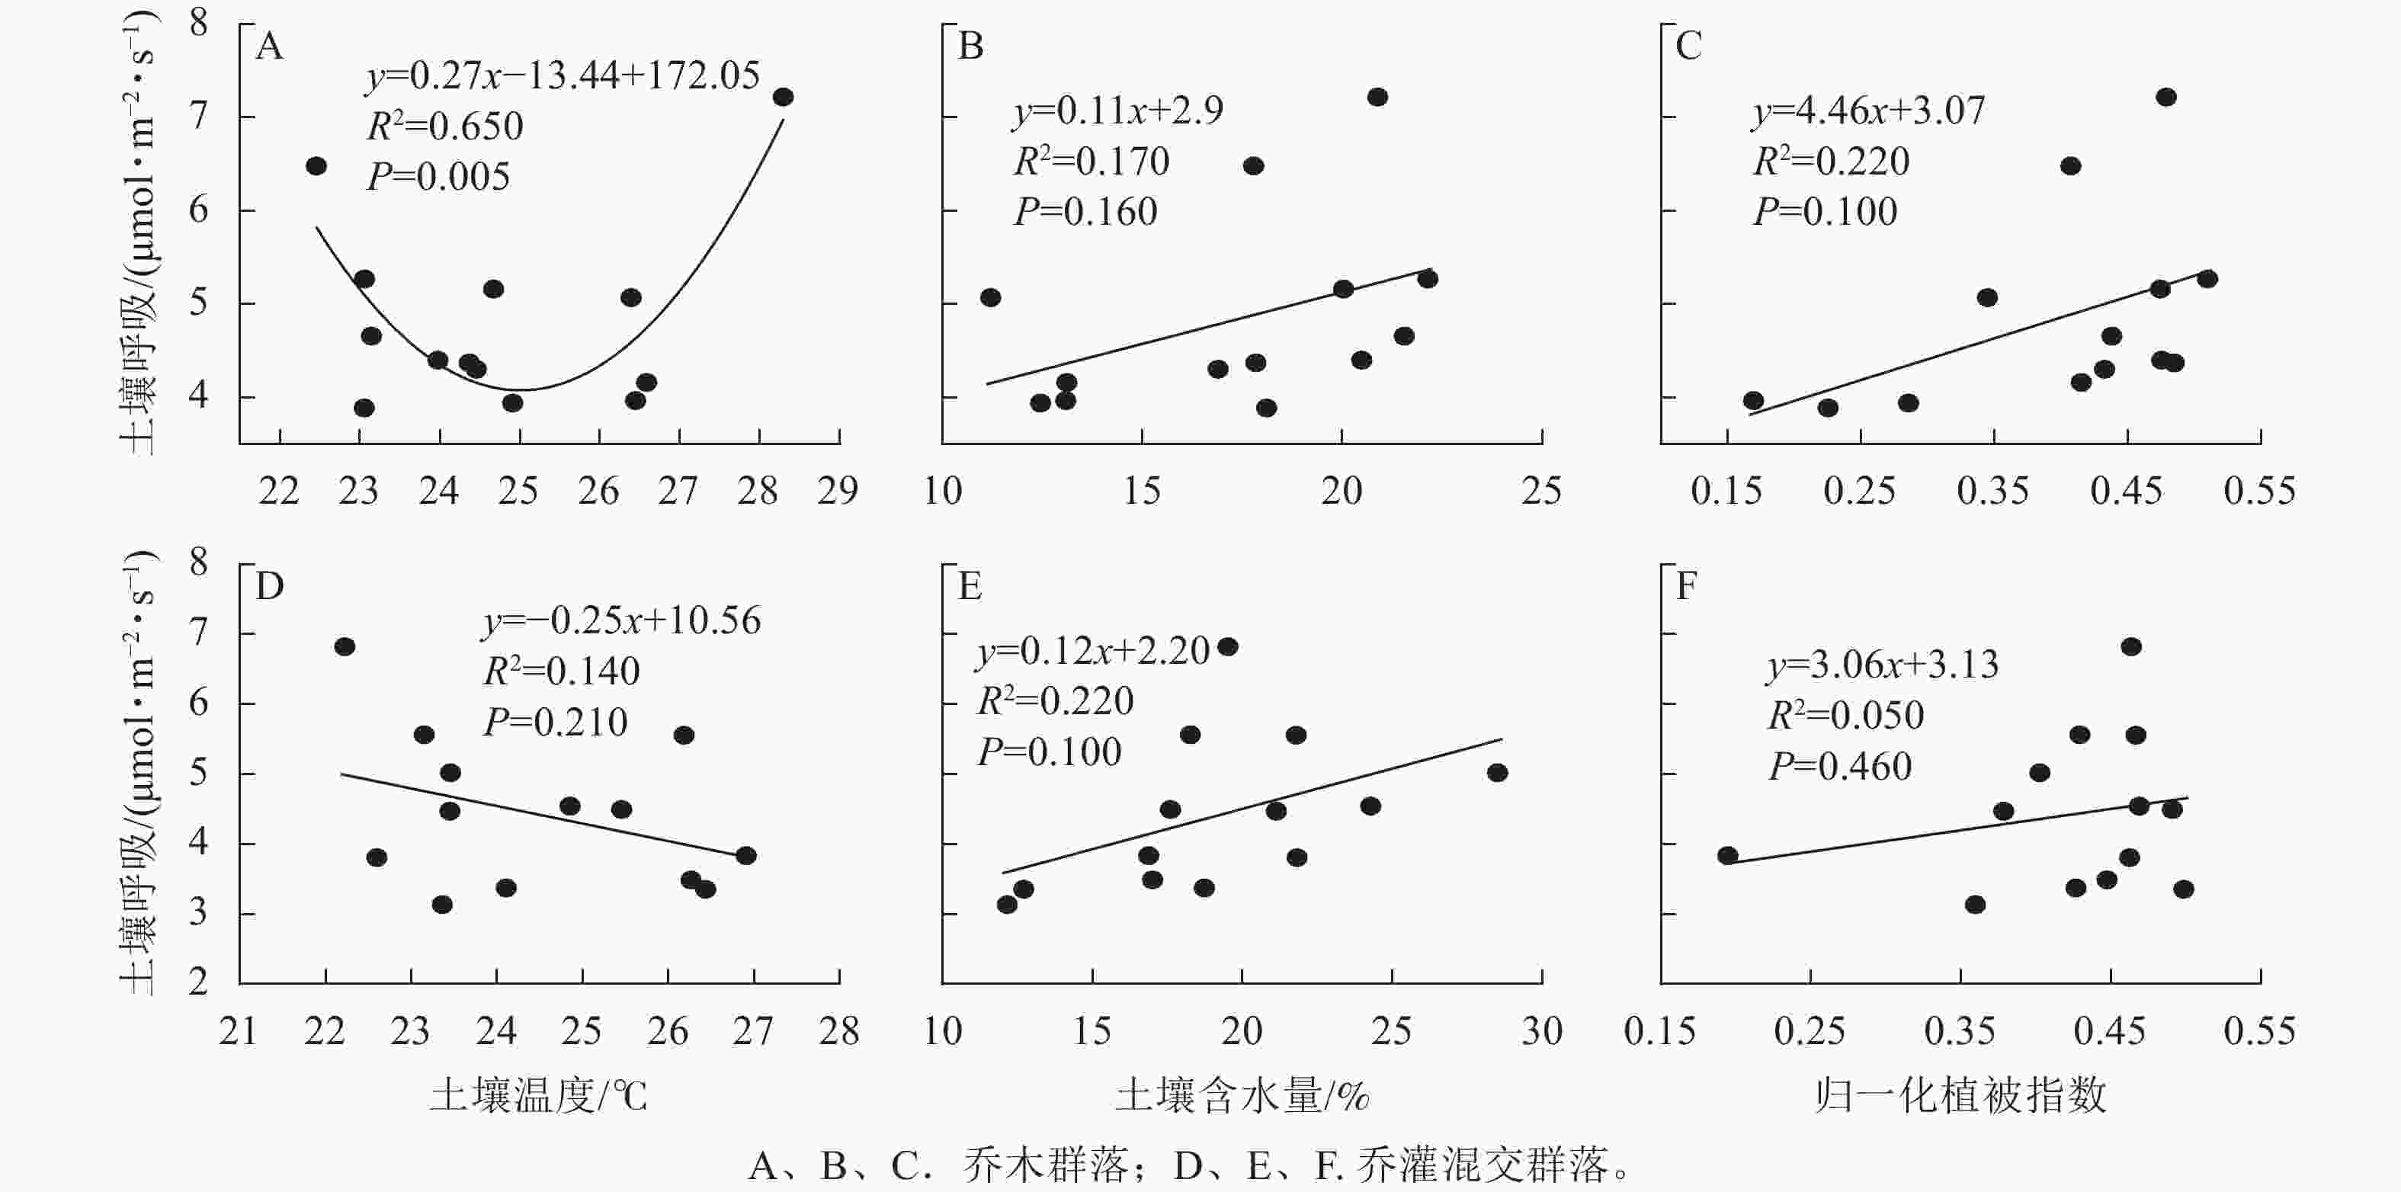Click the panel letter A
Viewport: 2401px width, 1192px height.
coord(269,46)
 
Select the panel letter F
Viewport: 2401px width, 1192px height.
coord(1686,586)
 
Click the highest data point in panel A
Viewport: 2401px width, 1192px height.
coord(783,97)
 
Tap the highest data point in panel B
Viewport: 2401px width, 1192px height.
coord(1377,97)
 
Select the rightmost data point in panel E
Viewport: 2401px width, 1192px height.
coord(1497,773)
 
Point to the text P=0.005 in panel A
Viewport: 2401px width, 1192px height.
coord(439,177)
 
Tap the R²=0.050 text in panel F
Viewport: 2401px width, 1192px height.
coord(1845,716)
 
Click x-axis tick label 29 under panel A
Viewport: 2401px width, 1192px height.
coord(838,491)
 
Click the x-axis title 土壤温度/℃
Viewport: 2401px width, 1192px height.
coord(538,1096)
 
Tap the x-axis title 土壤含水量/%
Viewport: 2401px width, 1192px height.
coord(1242,1096)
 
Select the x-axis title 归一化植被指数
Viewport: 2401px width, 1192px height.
coord(1960,1096)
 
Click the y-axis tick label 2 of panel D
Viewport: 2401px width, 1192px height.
coord(198,982)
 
